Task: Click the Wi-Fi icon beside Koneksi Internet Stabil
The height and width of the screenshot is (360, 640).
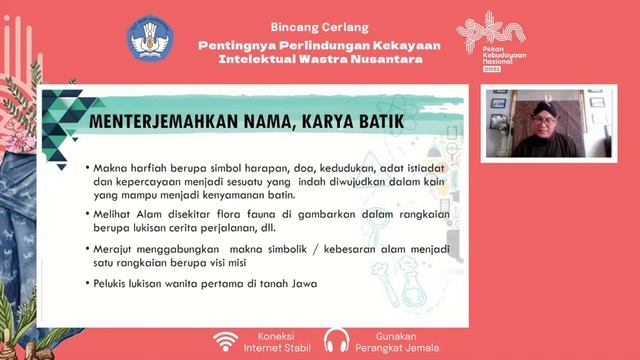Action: (x=227, y=340)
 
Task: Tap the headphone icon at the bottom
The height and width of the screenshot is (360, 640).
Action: (x=335, y=340)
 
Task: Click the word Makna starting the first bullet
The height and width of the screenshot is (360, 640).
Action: (x=113, y=168)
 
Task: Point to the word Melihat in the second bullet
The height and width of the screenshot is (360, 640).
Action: (x=116, y=214)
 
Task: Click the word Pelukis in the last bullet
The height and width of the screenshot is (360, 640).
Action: (x=116, y=285)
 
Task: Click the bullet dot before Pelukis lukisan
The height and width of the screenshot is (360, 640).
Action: (x=89, y=285)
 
